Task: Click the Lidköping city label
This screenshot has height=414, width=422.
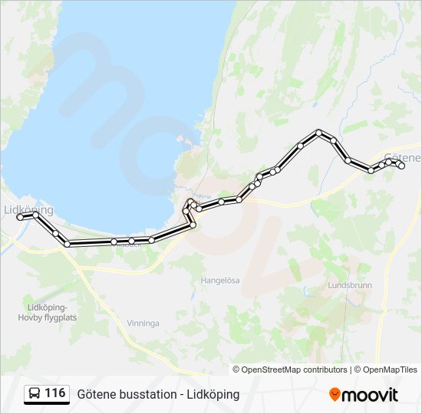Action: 28,209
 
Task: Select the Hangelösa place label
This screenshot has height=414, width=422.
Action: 220,281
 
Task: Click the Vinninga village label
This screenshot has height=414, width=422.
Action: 143,324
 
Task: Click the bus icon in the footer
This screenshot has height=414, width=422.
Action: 34,394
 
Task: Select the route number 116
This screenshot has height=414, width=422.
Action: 55,393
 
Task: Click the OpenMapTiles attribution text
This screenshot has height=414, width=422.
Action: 388,370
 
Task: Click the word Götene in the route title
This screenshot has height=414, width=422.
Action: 95,394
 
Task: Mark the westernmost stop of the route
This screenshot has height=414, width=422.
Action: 20,217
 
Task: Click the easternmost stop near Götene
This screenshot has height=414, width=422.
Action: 401,166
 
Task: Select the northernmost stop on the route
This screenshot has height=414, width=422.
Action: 319,133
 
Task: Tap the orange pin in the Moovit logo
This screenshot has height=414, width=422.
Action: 335,395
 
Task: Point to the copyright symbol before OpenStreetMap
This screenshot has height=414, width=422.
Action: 237,370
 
